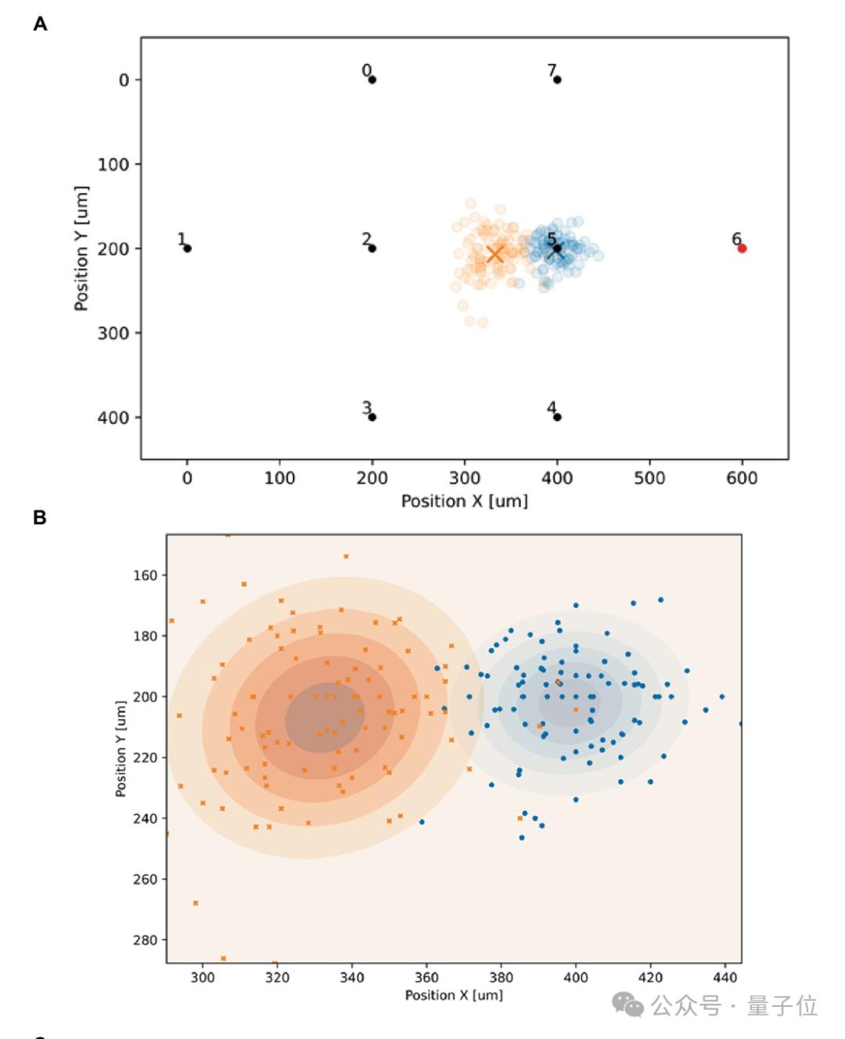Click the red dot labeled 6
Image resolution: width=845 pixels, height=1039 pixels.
point(742,248)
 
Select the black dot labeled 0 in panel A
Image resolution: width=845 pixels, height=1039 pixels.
point(372,79)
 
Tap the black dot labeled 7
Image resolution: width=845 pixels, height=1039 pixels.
point(557,79)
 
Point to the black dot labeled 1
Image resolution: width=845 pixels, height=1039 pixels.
point(187,248)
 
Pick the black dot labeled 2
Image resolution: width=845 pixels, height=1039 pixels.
point(372,248)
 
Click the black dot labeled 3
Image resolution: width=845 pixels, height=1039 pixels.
point(372,417)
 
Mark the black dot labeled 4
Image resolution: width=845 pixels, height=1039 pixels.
point(557,417)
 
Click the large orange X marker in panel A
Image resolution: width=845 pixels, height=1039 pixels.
point(494,254)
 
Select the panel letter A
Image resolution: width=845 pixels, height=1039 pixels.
point(40,24)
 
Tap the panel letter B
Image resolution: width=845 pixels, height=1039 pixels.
point(40,518)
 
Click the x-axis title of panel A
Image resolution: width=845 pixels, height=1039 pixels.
point(464,501)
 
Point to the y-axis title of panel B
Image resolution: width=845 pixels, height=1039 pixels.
point(120,749)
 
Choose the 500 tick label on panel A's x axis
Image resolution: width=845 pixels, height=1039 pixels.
point(649,478)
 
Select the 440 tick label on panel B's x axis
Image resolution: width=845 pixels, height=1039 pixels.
point(725,977)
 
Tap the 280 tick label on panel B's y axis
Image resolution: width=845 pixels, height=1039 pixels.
point(146,940)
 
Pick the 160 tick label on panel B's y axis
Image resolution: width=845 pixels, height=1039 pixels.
point(146,575)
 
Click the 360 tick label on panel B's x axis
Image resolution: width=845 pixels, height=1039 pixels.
point(426,977)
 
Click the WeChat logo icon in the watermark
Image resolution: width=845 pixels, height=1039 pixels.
point(628,1005)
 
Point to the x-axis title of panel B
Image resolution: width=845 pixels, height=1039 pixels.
point(454,995)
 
